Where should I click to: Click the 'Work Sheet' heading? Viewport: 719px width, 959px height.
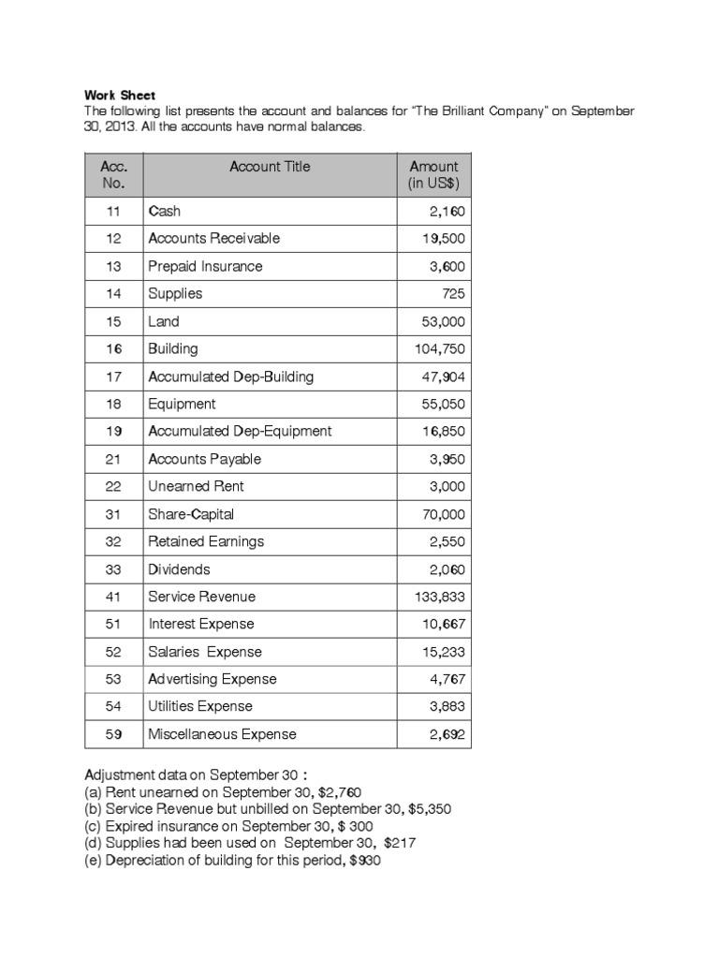click(x=120, y=96)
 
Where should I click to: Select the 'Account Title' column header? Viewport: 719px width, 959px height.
click(x=270, y=167)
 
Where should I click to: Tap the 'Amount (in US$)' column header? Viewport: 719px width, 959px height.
click(x=433, y=175)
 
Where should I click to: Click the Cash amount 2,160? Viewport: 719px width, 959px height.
click(x=447, y=212)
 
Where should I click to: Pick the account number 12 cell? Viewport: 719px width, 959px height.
click(x=113, y=239)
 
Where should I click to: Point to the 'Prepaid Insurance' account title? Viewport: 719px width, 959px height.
click(x=205, y=266)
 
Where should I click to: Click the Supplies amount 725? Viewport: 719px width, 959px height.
click(x=453, y=294)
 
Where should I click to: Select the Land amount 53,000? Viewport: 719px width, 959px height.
click(x=443, y=321)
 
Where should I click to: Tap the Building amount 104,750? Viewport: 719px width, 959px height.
click(x=439, y=349)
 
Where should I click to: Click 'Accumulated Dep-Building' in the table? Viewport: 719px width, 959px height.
click(x=230, y=376)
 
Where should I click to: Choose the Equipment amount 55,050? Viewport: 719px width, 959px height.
click(x=443, y=404)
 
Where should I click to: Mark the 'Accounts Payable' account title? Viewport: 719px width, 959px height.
click(x=204, y=459)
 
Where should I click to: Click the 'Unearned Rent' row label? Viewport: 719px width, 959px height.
click(x=196, y=486)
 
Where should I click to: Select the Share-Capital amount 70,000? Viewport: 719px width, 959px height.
click(x=443, y=514)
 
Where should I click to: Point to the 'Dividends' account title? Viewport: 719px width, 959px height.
click(x=179, y=569)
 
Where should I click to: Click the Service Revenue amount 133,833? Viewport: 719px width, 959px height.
click(x=439, y=597)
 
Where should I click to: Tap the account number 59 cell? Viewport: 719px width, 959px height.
click(x=113, y=734)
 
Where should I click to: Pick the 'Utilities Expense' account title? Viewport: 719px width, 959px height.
click(x=200, y=706)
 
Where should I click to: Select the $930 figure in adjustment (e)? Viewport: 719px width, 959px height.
click(x=364, y=861)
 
